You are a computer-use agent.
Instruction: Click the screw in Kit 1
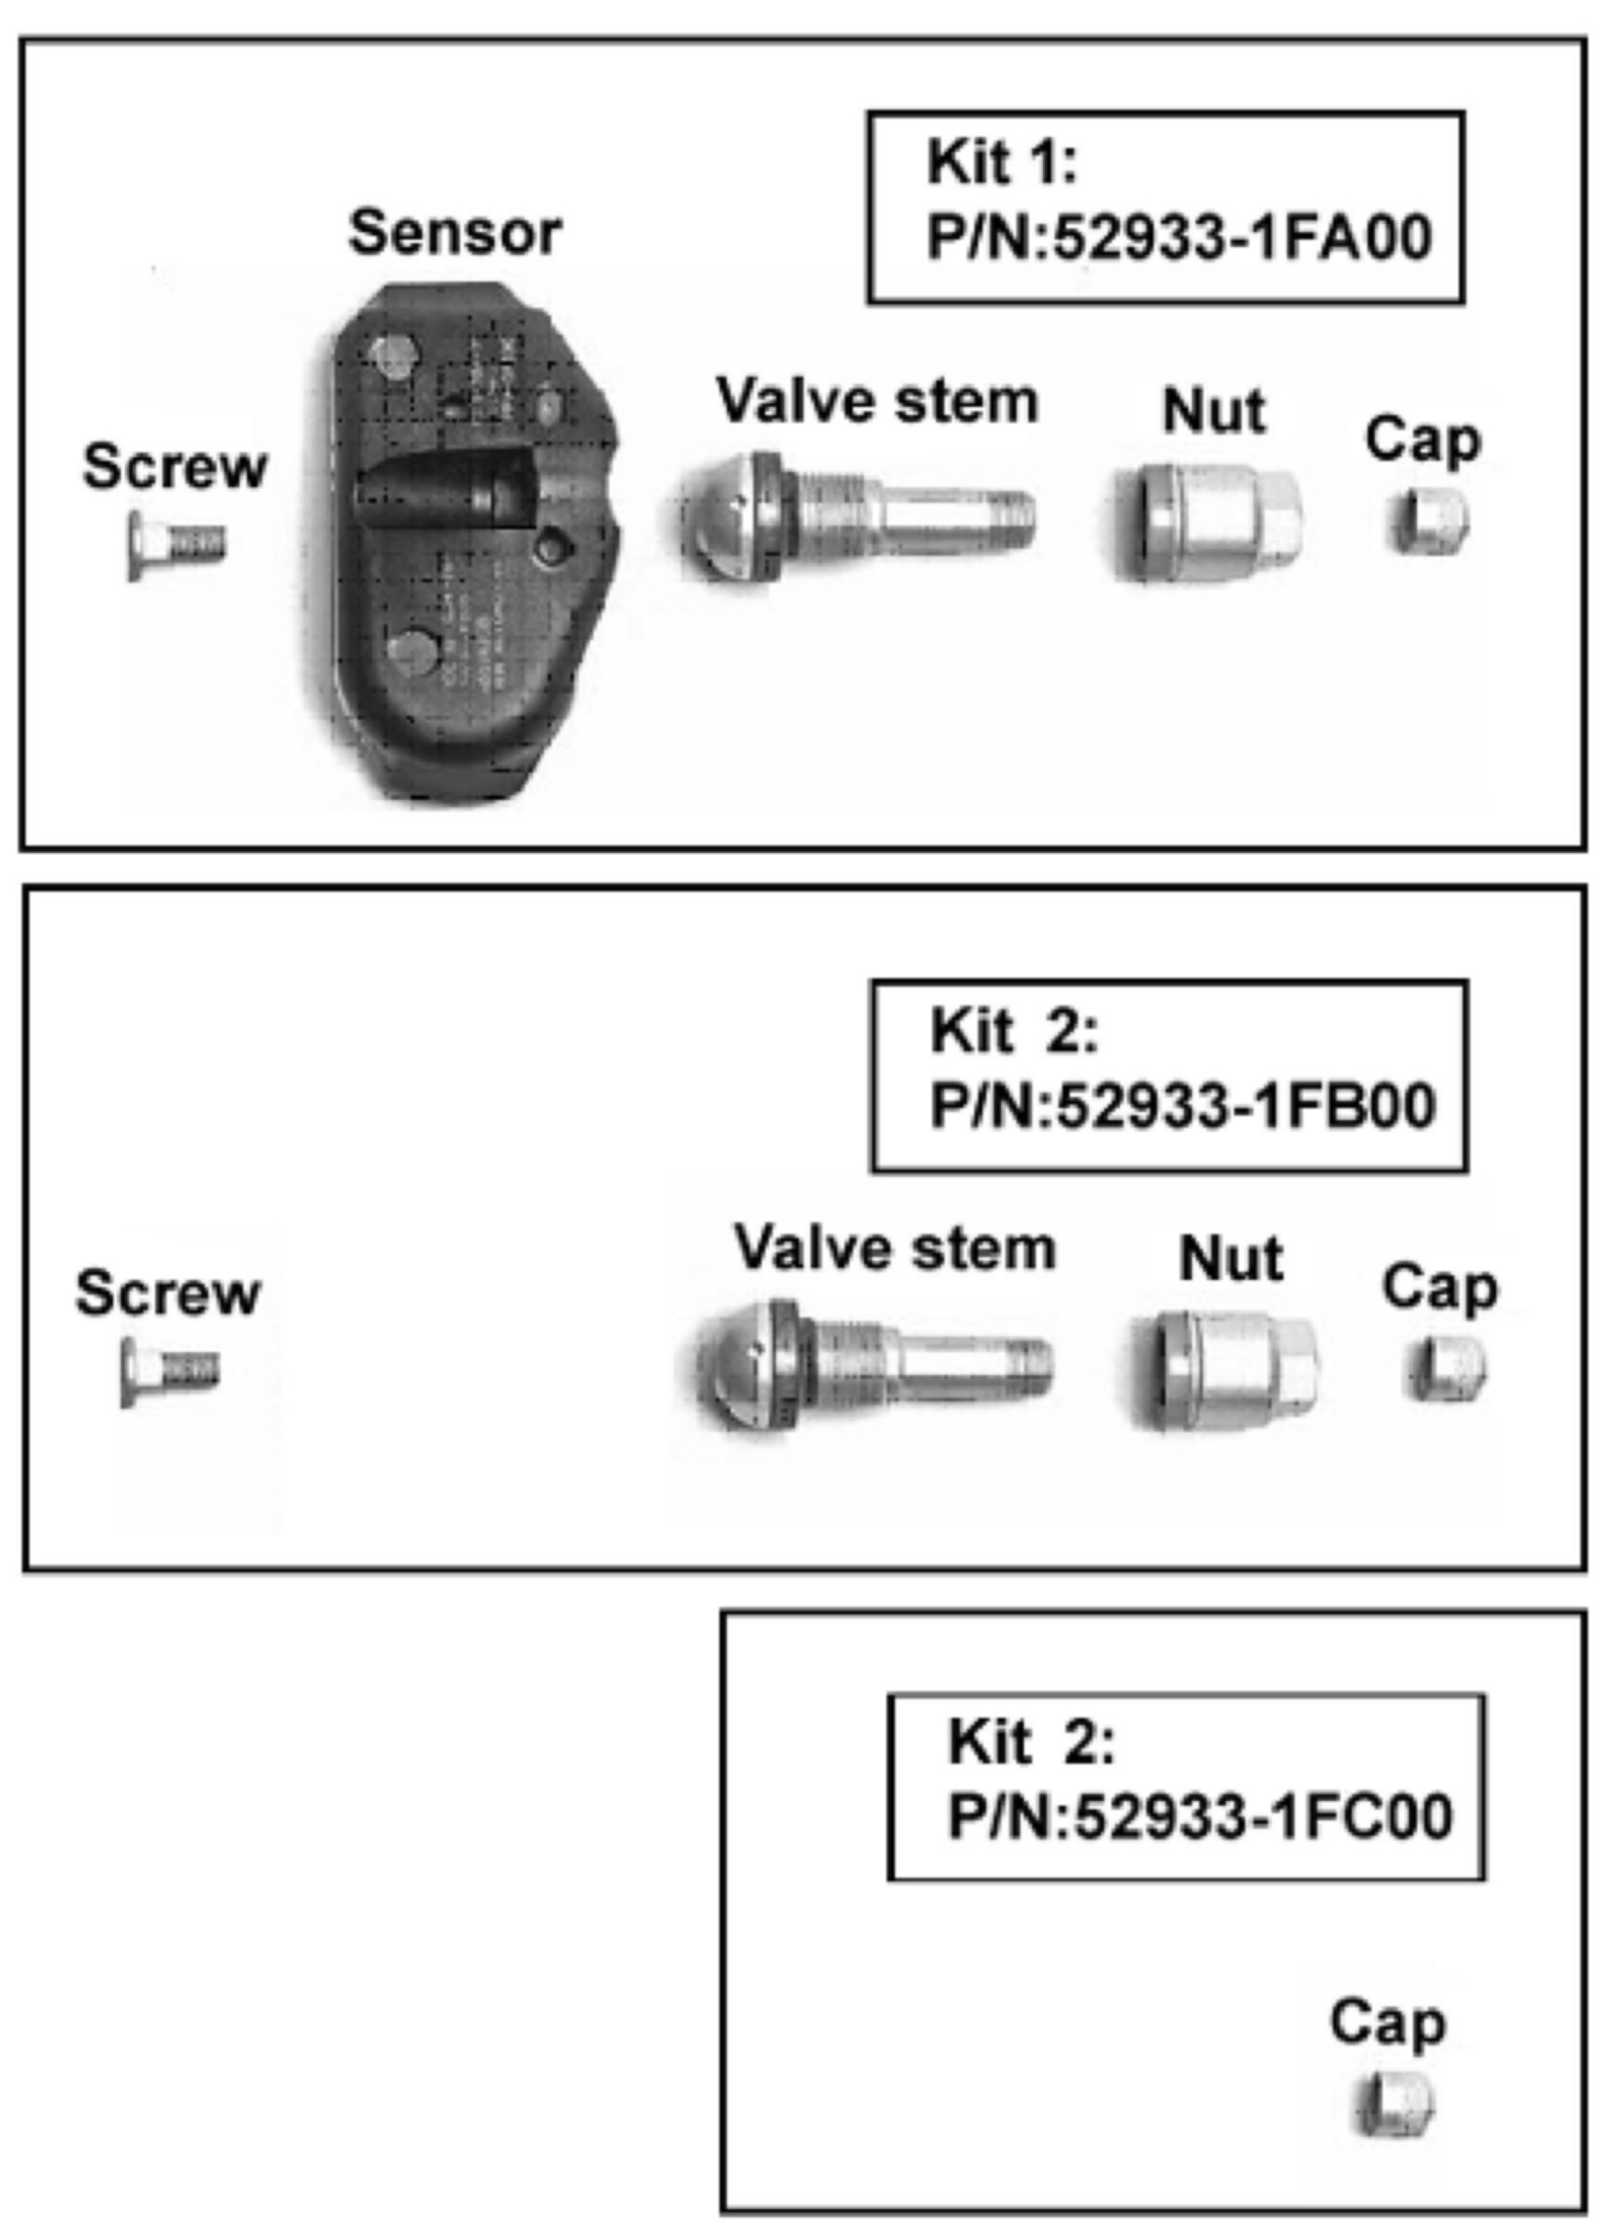176,543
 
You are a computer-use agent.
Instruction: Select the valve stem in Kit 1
858,516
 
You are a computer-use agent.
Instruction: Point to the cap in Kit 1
1431,521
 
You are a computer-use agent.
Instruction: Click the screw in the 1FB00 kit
170,1370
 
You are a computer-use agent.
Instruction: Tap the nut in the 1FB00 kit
1224,1370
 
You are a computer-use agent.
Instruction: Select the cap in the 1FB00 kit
1446,1369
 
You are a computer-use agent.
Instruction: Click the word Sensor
455,233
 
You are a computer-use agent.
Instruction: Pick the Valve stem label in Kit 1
878,401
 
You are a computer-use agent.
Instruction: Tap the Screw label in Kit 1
175,466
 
